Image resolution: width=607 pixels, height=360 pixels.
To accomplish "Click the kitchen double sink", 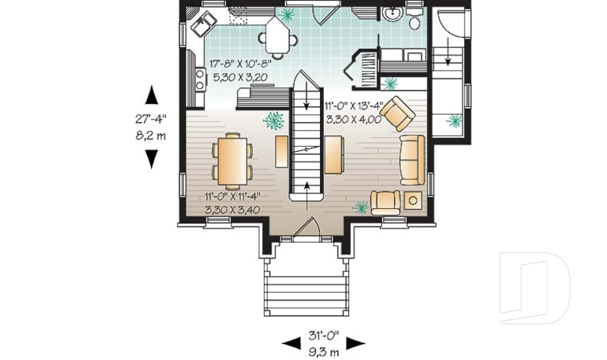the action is [203, 23].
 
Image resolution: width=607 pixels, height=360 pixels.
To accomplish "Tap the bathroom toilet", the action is [414, 20].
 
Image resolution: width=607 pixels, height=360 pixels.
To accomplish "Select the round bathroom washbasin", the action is [393, 15].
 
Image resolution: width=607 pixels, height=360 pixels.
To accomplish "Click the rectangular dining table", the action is [232, 159].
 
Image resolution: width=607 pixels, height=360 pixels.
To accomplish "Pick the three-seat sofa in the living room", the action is [412, 159].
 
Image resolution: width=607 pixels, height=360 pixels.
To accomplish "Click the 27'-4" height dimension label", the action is [150, 118].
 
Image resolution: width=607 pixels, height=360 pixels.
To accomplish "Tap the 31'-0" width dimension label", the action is [324, 335].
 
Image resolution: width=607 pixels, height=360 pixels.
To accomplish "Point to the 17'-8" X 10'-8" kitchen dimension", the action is [240, 64].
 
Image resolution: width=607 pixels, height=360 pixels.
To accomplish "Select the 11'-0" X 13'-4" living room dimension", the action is [354, 106].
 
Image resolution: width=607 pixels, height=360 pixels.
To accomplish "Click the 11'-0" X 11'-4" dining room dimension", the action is [232, 197].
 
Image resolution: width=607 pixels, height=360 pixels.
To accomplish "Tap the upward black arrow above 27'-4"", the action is [151, 96].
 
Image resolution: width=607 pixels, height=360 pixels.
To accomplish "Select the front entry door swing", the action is [307, 228].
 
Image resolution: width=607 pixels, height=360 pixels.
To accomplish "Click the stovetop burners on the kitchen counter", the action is [200, 78].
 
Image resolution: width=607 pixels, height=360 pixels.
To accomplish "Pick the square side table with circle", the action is [413, 201].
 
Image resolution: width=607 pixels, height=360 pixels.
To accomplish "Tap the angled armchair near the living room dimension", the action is [398, 113].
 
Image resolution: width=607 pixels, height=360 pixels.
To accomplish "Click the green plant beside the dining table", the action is [274, 120].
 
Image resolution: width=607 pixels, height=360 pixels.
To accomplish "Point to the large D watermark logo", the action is [534, 288].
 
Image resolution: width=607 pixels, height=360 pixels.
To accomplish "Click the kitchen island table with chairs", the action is [278, 36].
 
